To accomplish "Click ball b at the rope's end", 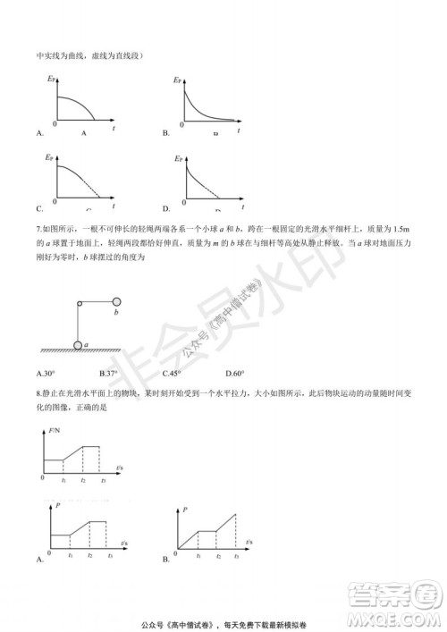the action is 116,301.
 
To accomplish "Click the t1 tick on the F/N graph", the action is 64,481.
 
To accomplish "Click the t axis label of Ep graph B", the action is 240,129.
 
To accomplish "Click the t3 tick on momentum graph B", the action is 237,556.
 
